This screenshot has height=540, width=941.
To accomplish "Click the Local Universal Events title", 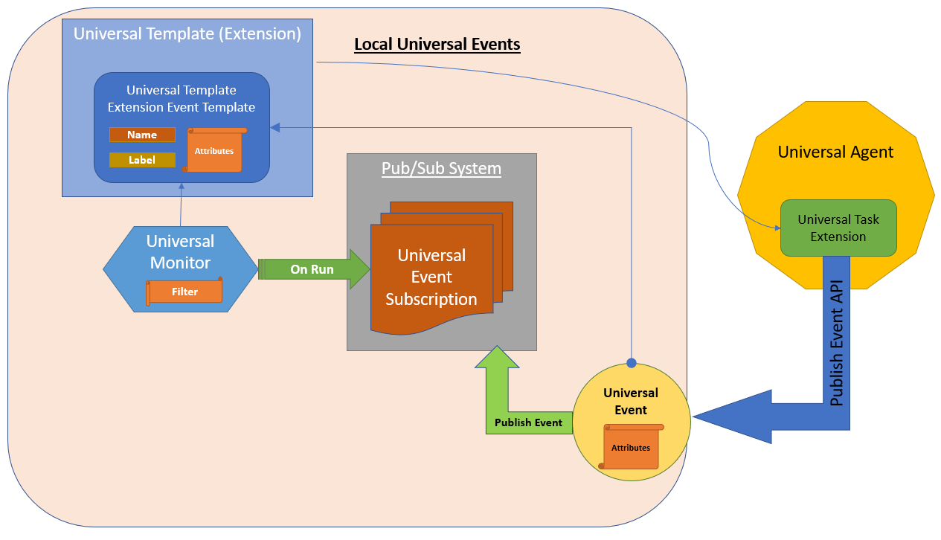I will pos(437,45).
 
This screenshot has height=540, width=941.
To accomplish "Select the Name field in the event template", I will pos(142,135).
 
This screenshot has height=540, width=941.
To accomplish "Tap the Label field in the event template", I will pos(142,160).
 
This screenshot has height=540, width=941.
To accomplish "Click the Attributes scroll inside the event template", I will pos(214,151).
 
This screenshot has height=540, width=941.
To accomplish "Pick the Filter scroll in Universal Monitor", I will pos(184,292).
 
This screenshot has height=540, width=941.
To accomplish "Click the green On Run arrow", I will pos(313,269).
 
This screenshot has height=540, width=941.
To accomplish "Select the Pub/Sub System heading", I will pos(441,169).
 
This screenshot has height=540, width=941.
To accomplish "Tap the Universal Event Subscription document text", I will pos(431,277).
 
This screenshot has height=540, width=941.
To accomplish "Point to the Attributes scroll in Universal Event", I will pos(631,448).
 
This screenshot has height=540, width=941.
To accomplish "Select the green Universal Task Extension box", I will pos(838,228).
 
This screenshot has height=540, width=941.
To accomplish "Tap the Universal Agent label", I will pos(835,152).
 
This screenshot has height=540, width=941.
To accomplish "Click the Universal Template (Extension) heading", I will pos(187,33).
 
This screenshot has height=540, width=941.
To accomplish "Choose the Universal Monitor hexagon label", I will pos(180,251).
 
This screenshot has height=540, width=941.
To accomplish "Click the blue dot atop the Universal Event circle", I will pos(632,363).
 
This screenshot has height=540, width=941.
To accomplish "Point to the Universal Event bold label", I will pos(630,401).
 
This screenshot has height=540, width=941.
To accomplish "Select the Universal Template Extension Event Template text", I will pos(182,98).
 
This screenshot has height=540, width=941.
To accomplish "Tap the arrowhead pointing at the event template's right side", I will pos(275,128).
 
